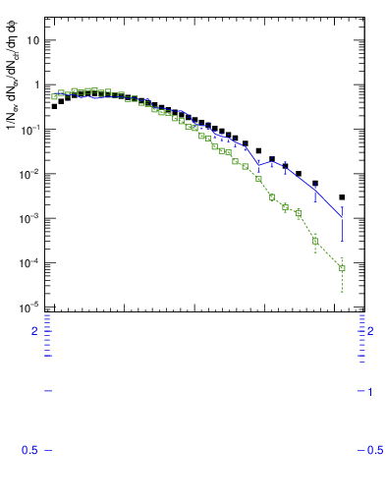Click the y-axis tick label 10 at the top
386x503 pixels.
coord(33,40)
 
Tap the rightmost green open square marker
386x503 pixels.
coord(342,267)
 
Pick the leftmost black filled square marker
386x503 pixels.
coord(54,106)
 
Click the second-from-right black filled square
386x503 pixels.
coord(315,183)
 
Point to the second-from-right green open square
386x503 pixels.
coord(315,241)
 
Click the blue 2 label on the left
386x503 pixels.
coord(34,331)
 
